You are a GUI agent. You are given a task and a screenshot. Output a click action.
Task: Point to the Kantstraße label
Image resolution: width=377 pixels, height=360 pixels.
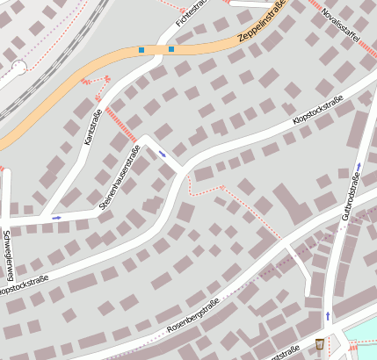click(92, 126)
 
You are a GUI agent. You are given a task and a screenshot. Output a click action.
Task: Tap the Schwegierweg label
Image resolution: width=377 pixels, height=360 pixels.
click(6, 256)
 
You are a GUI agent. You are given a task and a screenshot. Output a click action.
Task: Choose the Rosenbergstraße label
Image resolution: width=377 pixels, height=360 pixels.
click(192, 317)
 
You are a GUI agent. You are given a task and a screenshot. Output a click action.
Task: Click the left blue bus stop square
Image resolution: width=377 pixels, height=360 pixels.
click(141, 50)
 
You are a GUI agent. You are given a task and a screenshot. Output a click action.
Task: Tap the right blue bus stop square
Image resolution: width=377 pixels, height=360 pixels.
click(170, 49)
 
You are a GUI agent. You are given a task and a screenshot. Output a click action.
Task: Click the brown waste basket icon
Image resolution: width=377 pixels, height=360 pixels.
click(319, 342)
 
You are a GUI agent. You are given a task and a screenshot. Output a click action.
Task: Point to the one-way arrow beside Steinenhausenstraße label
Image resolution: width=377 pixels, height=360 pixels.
click(163, 155)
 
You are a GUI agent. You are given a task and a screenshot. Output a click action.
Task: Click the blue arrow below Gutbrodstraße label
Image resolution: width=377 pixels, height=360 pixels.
click(328, 314)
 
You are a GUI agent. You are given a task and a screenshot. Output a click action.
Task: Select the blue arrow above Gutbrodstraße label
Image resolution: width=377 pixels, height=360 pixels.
click(359, 166)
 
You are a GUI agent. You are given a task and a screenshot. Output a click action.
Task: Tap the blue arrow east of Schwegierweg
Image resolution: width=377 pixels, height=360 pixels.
click(57, 217)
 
